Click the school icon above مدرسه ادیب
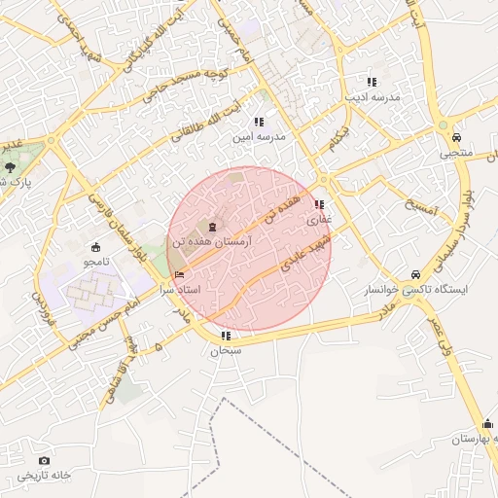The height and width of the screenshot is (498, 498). tap(371, 82)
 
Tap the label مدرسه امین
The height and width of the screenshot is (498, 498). tap(258, 137)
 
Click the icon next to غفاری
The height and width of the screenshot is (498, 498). tap(320, 204)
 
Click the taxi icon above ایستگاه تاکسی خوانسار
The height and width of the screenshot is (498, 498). tap(416, 273)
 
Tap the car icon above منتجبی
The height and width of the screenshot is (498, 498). tap(455, 137)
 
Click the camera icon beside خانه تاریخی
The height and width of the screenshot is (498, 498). tap(44, 460)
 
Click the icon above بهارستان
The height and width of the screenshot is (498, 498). tap(488, 423)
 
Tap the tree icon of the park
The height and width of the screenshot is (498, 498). tap(9, 169)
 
